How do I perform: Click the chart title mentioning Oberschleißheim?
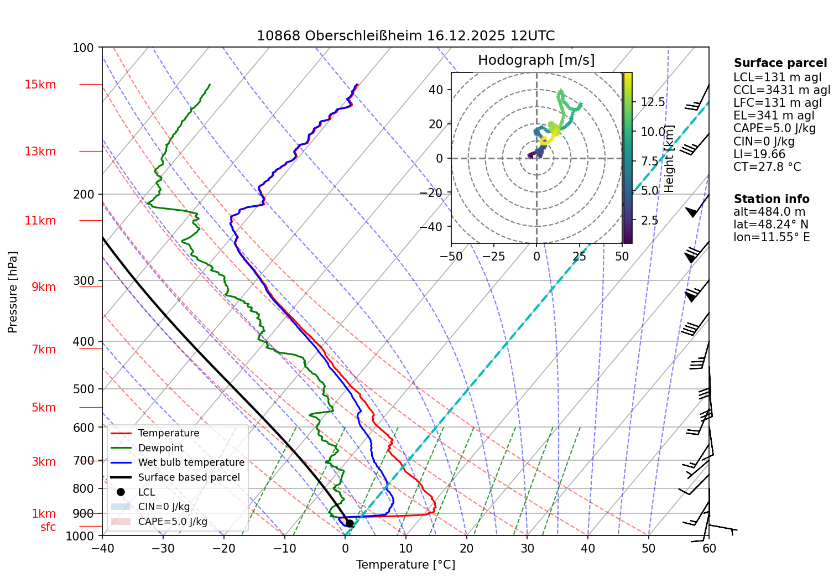[405, 36]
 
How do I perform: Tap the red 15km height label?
[40, 85]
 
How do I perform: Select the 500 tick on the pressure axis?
[84, 389]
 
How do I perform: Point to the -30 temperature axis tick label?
[163, 548]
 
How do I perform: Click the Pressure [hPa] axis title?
[13, 292]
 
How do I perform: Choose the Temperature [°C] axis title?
[405, 565]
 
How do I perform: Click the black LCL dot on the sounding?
[349, 523]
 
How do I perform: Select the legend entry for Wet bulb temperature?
[191, 462]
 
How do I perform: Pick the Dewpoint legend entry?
[160, 448]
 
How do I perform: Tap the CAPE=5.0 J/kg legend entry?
[173, 522]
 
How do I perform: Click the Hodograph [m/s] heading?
[536, 60]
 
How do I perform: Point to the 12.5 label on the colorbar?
[653, 102]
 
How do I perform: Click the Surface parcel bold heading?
[780, 63]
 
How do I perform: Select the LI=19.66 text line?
[759, 154]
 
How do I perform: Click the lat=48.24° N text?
[770, 225]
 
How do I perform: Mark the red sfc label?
[48, 527]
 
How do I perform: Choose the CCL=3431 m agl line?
[781, 90]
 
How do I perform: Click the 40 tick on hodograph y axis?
[436, 90]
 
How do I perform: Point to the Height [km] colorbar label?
[669, 158]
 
